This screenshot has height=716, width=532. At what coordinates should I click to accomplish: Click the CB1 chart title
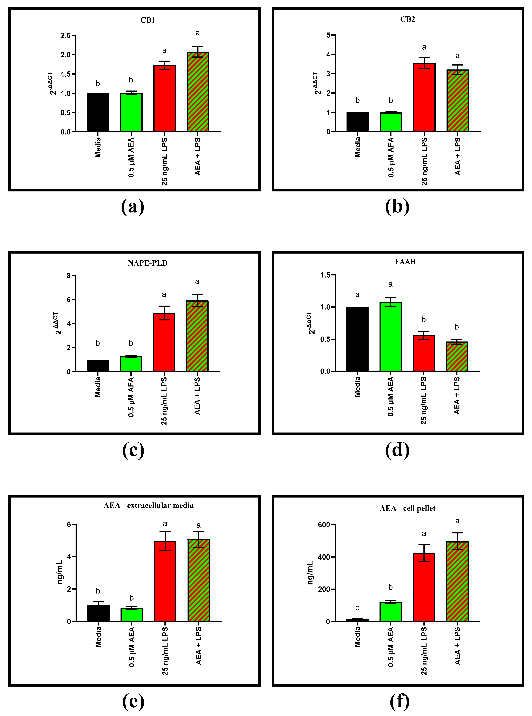tap(148, 20)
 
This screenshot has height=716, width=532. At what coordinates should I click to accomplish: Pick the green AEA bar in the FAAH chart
tap(390, 337)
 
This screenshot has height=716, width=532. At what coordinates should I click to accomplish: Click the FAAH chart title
tap(405, 262)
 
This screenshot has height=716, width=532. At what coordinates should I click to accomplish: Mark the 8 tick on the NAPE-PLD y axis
tap(69, 276)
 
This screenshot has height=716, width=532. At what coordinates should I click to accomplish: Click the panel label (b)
tap(397, 207)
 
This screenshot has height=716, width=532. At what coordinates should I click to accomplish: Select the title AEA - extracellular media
tap(148, 505)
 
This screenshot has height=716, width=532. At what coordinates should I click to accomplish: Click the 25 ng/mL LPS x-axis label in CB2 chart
tap(424, 161)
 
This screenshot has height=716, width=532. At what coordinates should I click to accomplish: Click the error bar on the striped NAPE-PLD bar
tap(197, 300)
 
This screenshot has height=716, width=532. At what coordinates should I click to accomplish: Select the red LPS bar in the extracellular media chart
tap(165, 581)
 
